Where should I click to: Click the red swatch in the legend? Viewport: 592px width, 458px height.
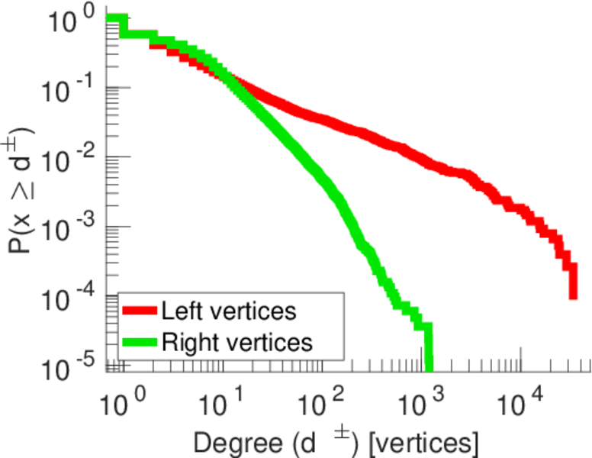(x=139, y=312)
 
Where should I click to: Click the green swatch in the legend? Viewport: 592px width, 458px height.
(x=139, y=342)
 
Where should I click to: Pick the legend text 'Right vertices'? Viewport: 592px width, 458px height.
(x=236, y=342)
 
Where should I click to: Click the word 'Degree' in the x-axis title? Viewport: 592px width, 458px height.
(x=229, y=442)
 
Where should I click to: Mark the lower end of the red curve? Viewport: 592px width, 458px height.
(x=573, y=296)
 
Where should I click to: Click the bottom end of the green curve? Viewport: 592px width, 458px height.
(x=429, y=365)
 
